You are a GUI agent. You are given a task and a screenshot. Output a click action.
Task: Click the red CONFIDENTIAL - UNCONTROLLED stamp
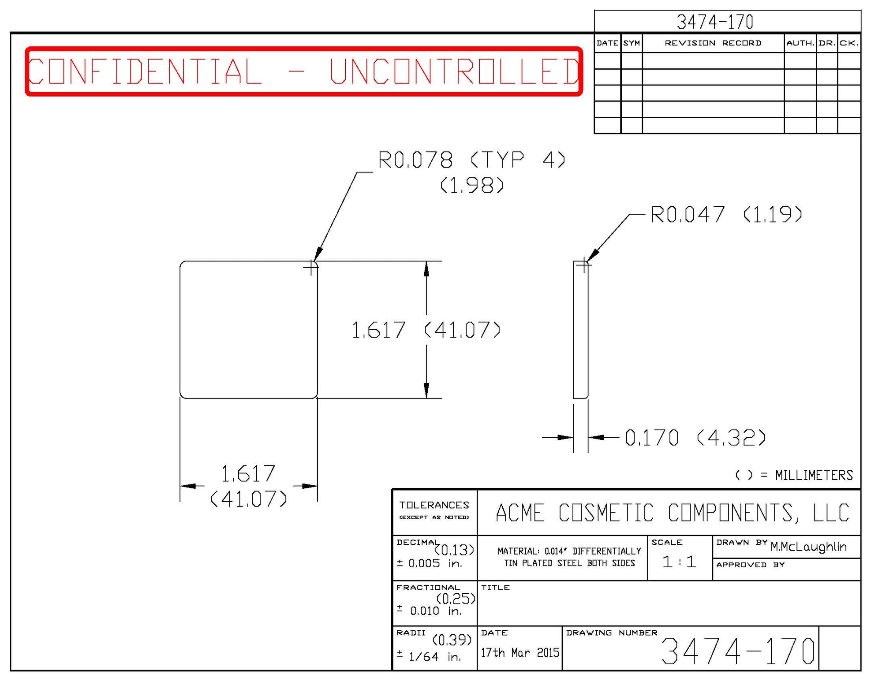pos(303,71)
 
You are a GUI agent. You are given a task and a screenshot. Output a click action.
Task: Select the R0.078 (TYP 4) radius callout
pos(471,160)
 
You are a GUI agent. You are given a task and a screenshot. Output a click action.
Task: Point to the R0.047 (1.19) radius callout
pos(726,215)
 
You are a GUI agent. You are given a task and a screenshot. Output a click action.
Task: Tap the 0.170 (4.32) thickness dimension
pos(695,438)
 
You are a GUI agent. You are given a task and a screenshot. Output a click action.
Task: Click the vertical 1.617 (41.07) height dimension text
pos(426,330)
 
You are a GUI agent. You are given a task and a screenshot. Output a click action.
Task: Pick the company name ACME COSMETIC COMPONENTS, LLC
pos(672,513)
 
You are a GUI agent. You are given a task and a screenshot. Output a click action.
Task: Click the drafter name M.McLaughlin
pos(808,547)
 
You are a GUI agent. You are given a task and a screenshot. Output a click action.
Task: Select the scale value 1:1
pos(679,562)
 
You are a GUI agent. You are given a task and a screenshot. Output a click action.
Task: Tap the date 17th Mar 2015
pos(519,653)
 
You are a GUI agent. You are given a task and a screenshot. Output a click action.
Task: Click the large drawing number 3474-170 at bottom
pos(737,651)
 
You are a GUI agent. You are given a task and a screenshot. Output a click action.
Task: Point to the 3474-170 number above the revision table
pos(714,22)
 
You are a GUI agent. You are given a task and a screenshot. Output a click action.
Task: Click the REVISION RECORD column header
pos(713,43)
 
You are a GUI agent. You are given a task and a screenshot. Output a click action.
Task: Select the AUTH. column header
pos(800,43)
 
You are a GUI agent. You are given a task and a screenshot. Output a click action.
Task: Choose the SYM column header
pos(632,43)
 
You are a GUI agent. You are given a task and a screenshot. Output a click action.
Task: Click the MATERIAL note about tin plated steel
pos(569,557)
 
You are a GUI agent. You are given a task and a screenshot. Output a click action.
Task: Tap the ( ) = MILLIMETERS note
pos(794,475)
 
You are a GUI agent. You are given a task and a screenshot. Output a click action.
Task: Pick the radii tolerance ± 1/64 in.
pos(429,656)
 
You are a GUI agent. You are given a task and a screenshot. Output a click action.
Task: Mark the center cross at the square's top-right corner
pos(311,268)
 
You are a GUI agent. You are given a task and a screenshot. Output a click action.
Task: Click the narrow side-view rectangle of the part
pos(580,330)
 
